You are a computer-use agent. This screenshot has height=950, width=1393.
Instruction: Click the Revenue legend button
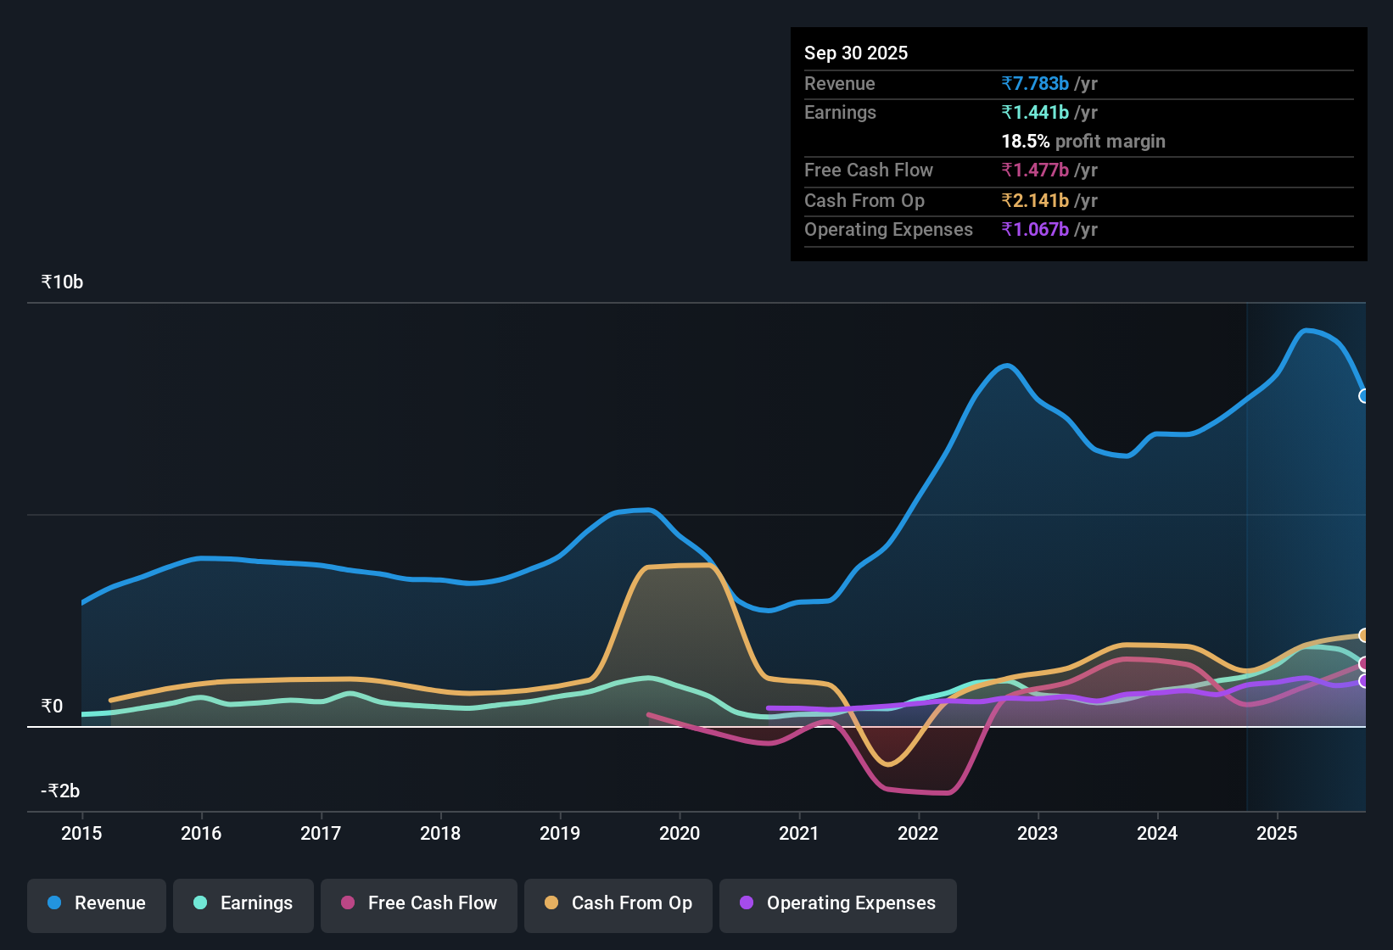(97, 903)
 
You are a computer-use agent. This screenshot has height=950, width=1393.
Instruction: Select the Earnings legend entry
(243, 903)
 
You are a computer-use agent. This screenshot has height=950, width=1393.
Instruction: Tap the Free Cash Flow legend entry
(419, 903)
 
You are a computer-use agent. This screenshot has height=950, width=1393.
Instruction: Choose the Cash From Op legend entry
(618, 903)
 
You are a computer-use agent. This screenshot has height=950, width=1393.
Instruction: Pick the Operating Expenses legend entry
(838, 903)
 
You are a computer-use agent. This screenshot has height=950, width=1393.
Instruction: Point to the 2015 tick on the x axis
(81, 833)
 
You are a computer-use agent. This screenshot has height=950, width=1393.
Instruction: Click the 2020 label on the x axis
(680, 833)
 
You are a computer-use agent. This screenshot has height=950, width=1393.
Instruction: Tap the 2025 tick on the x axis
(1277, 833)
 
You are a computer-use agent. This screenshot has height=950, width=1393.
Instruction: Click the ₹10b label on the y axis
(62, 282)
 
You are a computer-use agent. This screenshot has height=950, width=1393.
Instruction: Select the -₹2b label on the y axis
(60, 791)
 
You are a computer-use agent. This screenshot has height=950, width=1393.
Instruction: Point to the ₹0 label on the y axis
(52, 707)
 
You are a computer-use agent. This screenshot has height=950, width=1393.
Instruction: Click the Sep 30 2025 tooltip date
(855, 53)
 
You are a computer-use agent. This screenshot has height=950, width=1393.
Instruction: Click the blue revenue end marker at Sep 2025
(1364, 396)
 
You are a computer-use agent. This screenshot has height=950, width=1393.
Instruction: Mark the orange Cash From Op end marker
(1364, 635)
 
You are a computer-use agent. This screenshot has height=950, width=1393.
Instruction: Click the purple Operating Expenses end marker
(1364, 681)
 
